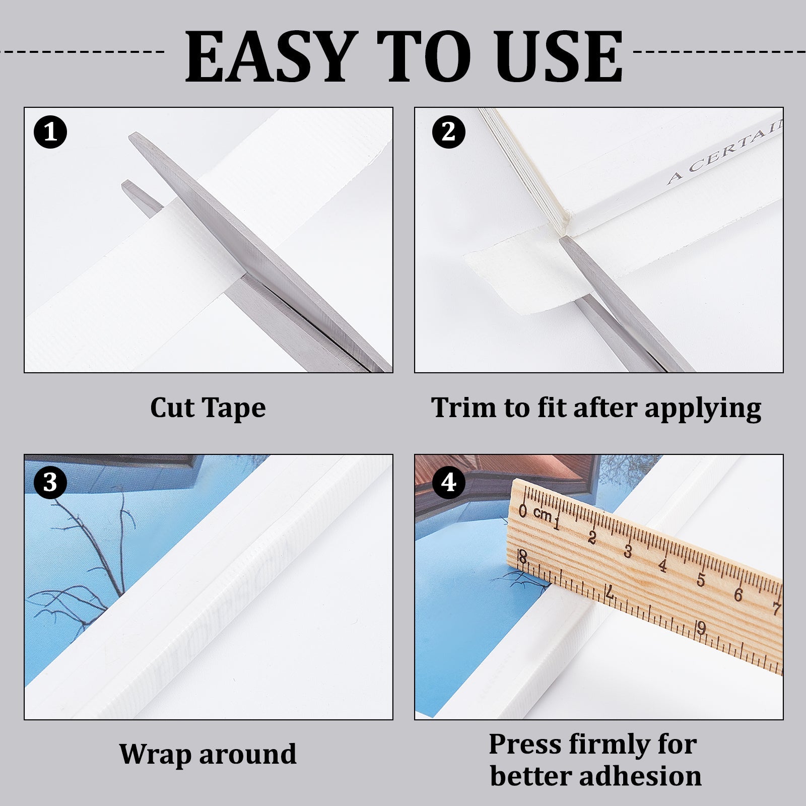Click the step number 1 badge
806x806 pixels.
(x=50, y=132)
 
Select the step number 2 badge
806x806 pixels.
(x=448, y=132)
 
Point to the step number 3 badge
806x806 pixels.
(x=50, y=482)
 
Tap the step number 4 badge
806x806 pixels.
(x=448, y=482)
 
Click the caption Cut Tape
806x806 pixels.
(x=208, y=408)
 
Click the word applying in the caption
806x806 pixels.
(x=703, y=409)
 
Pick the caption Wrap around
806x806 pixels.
(x=208, y=754)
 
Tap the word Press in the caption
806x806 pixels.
(x=524, y=744)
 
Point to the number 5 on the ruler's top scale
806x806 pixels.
(x=701, y=579)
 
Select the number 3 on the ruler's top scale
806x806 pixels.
(x=628, y=551)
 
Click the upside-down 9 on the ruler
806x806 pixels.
(x=702, y=628)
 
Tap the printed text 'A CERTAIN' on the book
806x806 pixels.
(x=725, y=151)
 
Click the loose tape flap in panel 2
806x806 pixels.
(x=519, y=272)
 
